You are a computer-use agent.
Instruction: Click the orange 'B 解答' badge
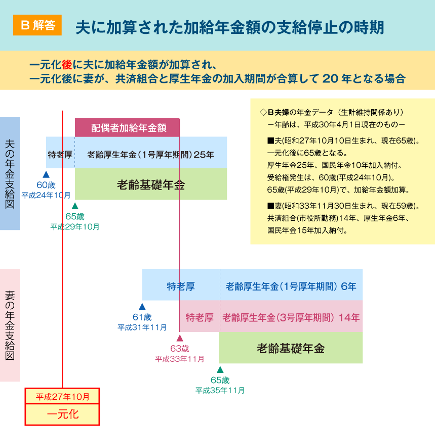(x=37, y=25)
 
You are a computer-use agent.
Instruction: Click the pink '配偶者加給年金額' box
(x=127, y=127)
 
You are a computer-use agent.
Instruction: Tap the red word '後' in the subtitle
(x=67, y=65)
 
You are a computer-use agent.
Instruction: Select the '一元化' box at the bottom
(x=62, y=414)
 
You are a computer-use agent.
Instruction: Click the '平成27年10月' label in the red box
(x=62, y=397)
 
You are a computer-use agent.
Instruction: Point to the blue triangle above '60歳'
(x=46, y=174)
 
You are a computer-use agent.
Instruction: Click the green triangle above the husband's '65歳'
(x=75, y=206)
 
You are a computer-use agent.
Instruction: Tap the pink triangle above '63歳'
(x=180, y=338)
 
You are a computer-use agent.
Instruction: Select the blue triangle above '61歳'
(x=142, y=306)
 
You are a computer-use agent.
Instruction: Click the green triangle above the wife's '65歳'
(x=220, y=369)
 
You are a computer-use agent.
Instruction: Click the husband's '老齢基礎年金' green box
(x=151, y=184)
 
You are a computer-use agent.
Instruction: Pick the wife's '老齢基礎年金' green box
(x=291, y=348)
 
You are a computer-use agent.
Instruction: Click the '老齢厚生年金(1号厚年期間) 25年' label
(x=150, y=155)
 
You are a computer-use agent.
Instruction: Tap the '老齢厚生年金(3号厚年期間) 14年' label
(x=291, y=317)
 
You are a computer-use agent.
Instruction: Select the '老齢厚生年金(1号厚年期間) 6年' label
(x=291, y=286)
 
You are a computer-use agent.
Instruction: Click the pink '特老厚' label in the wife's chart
(x=200, y=317)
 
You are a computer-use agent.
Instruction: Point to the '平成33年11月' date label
(x=180, y=359)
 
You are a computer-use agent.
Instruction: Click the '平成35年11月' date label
(x=220, y=391)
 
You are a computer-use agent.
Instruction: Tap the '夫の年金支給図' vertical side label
(x=10, y=173)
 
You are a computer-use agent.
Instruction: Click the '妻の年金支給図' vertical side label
(x=10, y=325)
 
